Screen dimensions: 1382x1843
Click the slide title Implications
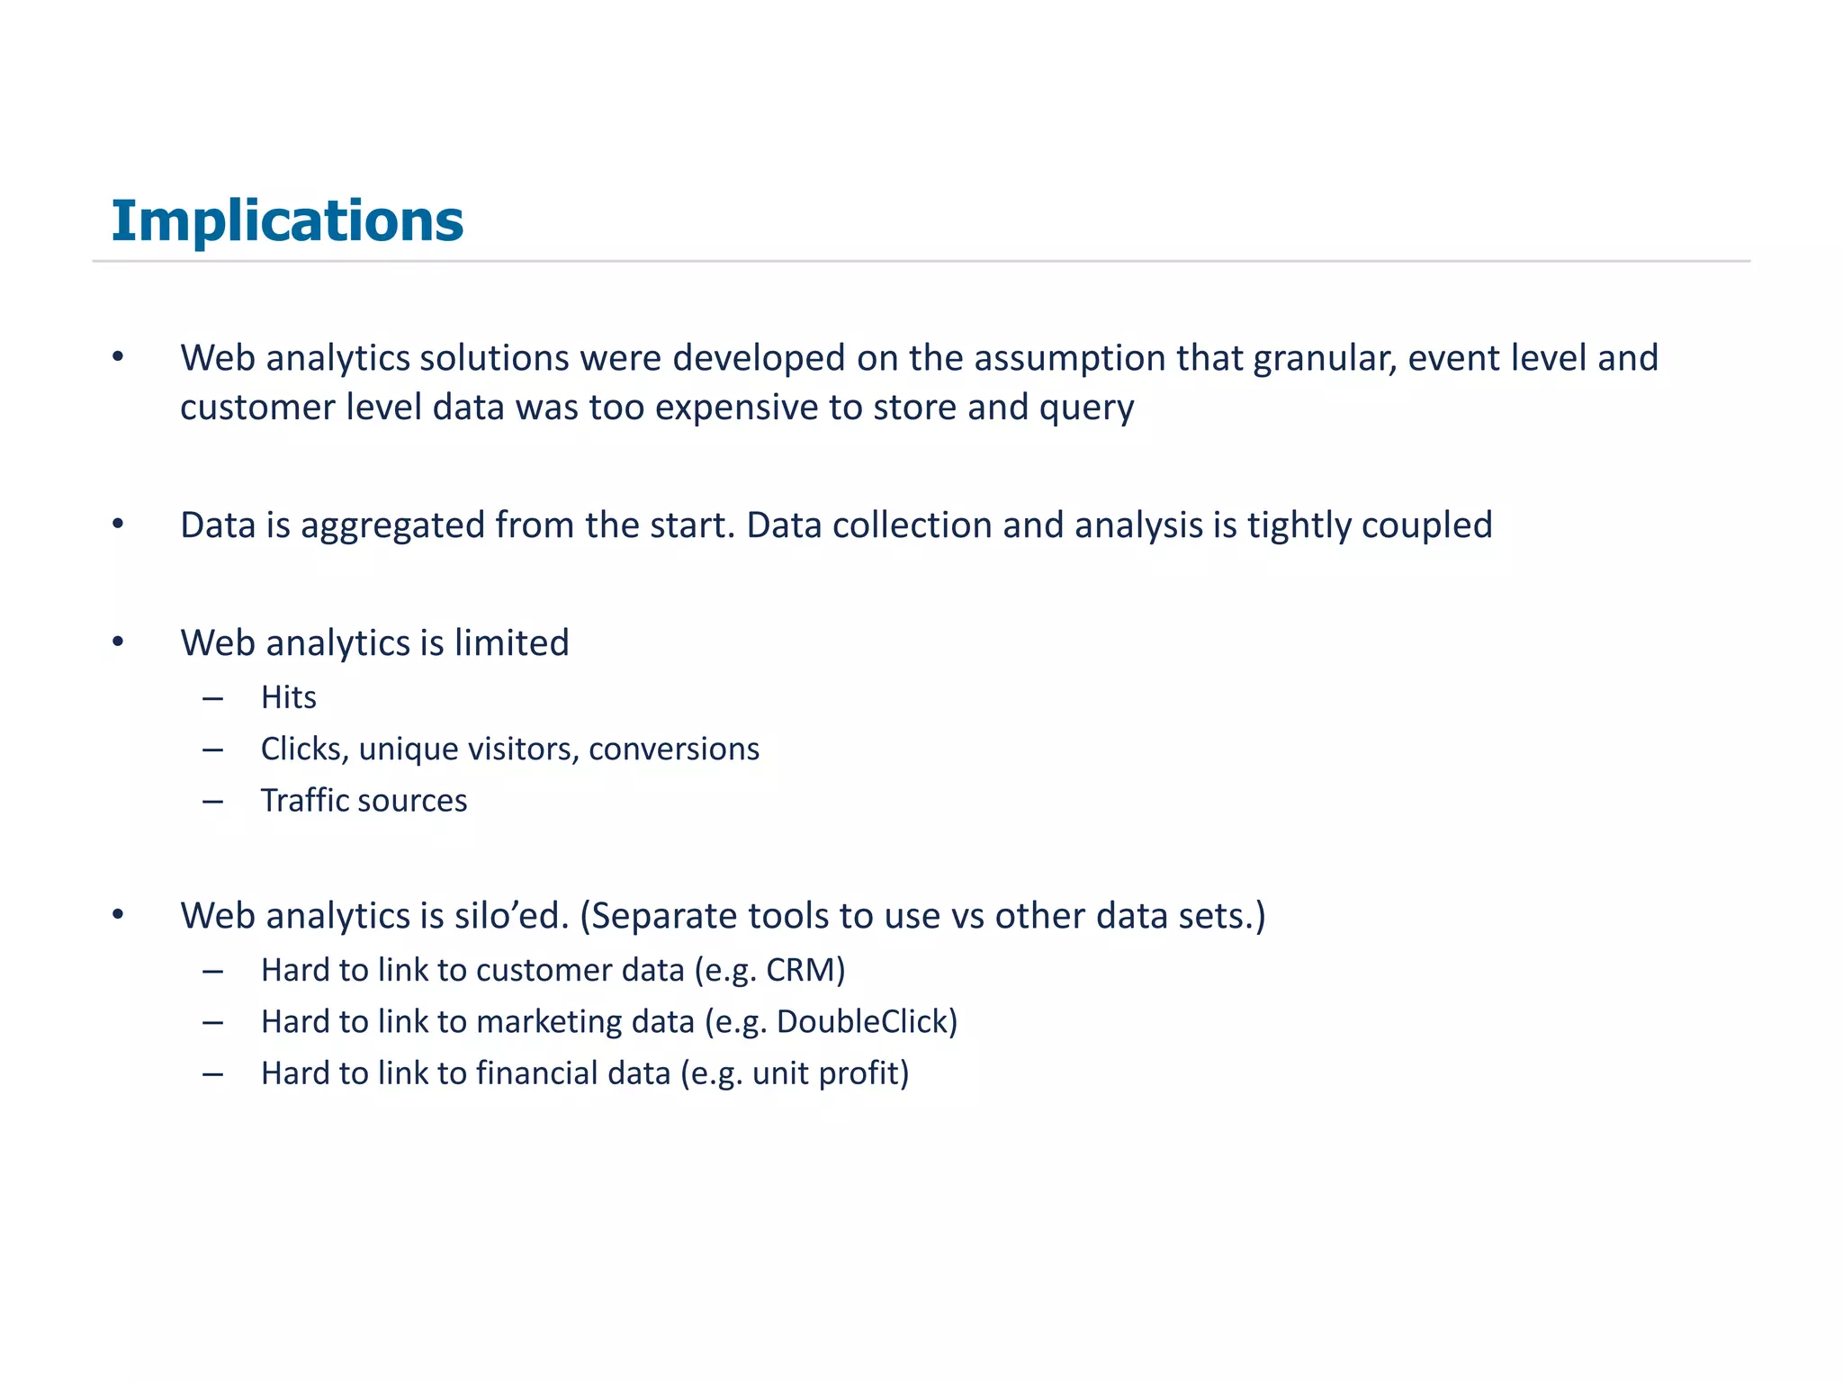pos(287,220)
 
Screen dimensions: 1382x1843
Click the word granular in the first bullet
pos(1325,359)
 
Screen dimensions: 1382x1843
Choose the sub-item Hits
pos(288,697)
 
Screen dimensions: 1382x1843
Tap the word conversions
pos(674,749)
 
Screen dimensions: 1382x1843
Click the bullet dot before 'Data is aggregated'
pos(118,524)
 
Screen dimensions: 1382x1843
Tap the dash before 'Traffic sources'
pos(213,801)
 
